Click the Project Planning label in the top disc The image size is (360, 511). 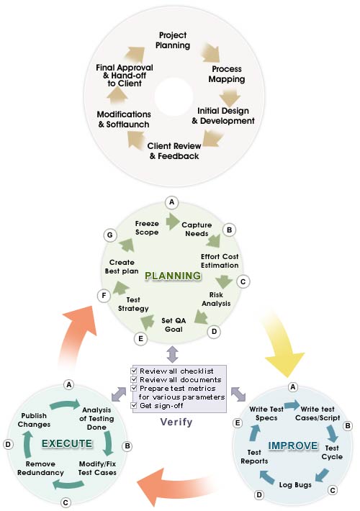[x=173, y=40]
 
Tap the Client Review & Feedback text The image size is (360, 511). [x=174, y=151]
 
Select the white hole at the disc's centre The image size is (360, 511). [x=174, y=96]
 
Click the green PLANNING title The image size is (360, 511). [x=173, y=276]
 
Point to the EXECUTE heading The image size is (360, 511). [x=67, y=443]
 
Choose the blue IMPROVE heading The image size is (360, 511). [x=293, y=446]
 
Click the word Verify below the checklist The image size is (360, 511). [x=176, y=422]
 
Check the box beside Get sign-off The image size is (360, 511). [x=133, y=405]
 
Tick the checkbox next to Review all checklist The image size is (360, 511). [x=133, y=371]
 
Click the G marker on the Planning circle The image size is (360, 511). [x=110, y=235]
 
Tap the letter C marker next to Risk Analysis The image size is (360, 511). [x=243, y=281]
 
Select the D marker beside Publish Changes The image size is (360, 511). [x=8, y=444]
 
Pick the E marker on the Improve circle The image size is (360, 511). [x=238, y=423]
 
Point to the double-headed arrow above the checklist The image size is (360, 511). [x=172, y=354]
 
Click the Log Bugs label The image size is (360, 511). [x=295, y=484]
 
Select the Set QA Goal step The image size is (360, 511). [x=174, y=325]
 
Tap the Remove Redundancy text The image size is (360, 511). [x=40, y=468]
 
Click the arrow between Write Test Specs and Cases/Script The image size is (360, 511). [x=292, y=406]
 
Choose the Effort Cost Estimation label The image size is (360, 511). [x=220, y=261]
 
